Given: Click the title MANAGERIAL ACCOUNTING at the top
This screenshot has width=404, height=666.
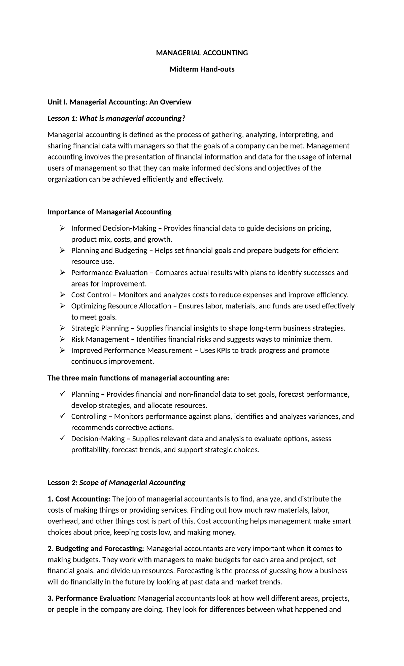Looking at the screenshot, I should (x=202, y=53).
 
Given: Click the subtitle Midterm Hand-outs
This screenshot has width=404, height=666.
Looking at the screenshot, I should (x=202, y=69).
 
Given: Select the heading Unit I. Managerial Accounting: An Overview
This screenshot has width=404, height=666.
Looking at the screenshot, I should (x=120, y=102).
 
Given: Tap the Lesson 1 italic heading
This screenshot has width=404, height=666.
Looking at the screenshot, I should (x=116, y=119).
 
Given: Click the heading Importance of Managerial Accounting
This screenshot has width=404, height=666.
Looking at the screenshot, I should (x=109, y=212).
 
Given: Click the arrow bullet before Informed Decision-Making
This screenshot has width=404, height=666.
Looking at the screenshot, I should (x=62, y=229).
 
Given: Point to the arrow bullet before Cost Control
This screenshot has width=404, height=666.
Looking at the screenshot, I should (x=62, y=295).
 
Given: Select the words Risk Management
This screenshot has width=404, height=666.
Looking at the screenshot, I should (x=100, y=339).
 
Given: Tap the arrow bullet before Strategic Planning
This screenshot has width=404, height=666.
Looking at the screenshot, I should (x=62, y=328).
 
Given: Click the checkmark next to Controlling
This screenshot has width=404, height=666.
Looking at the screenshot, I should (x=62, y=416).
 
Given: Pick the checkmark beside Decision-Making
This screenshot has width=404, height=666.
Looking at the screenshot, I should (x=62, y=438).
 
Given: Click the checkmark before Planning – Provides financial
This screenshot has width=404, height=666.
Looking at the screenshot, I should (x=62, y=394).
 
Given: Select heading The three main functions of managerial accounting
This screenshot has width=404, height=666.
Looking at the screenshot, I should (x=138, y=378).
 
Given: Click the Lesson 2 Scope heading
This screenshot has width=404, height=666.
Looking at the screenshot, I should (x=116, y=483).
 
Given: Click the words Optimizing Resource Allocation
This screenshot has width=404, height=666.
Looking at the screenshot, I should (x=121, y=306).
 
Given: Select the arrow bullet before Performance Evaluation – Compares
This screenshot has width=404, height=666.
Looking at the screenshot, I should (x=62, y=273).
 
